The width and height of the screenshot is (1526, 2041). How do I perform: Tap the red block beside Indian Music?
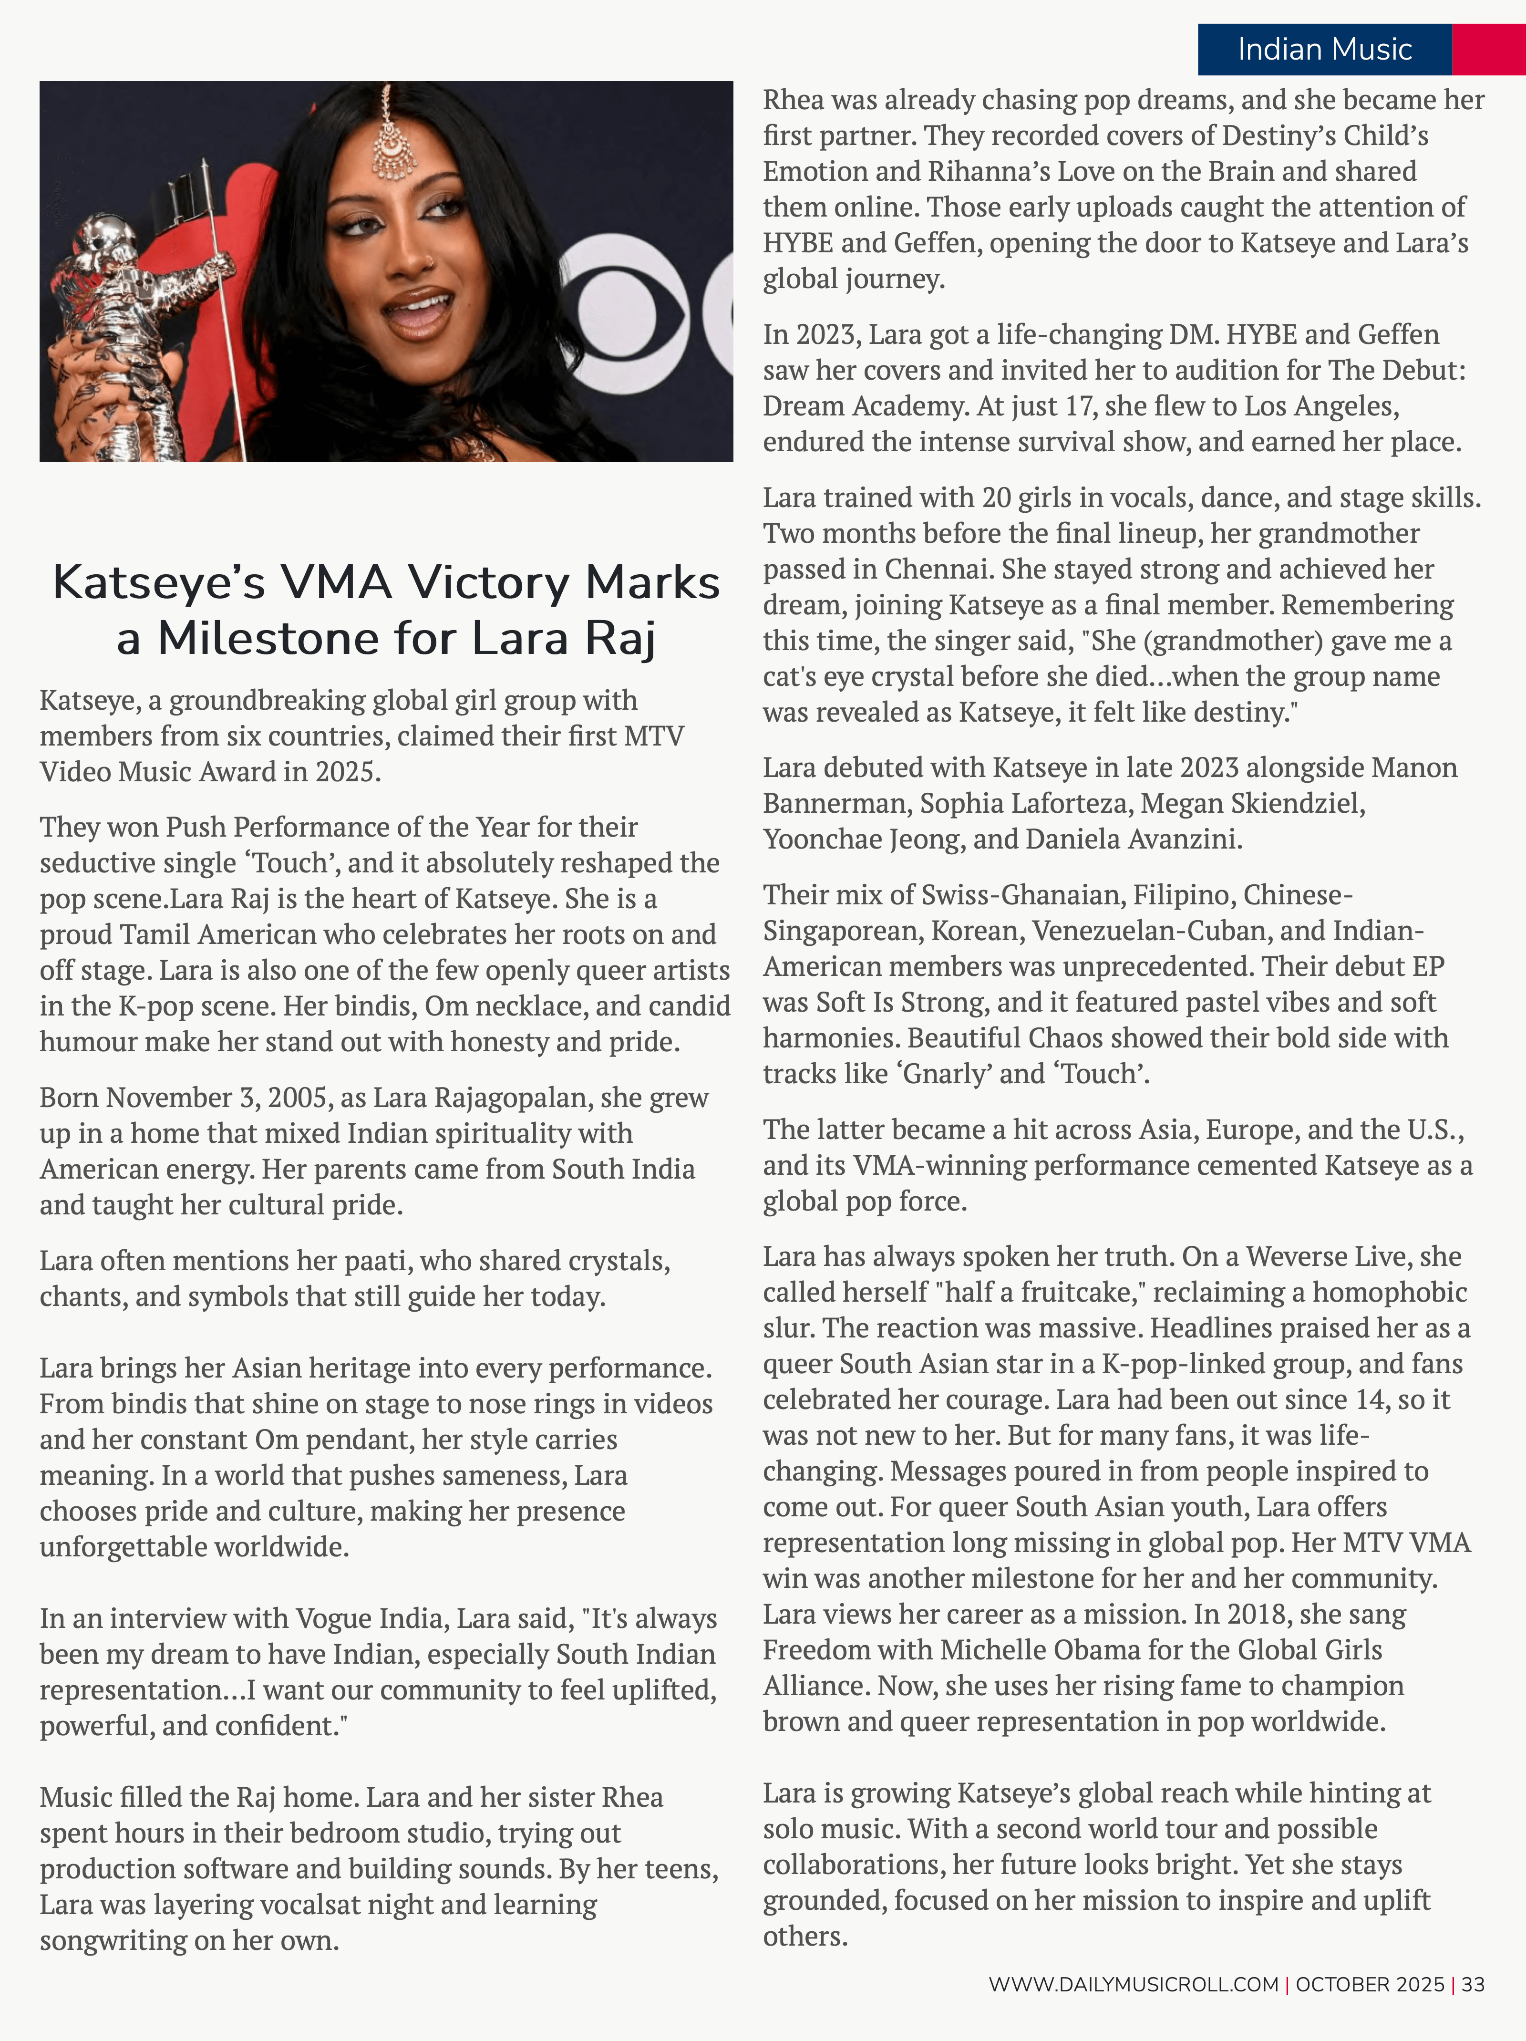click(x=1488, y=49)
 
